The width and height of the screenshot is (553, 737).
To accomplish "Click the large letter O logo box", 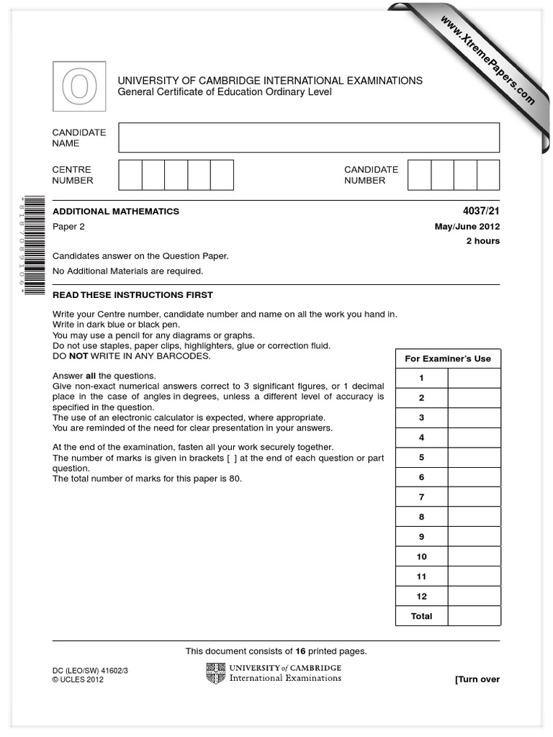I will tap(79, 86).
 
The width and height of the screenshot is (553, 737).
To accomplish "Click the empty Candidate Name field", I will tap(309, 137).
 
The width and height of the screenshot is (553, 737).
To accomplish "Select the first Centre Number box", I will tap(130, 175).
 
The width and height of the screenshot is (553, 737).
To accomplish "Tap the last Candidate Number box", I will tap(488, 175).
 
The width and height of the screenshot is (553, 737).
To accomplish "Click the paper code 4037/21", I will tap(482, 212).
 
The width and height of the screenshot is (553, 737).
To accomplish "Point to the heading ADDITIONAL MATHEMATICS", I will tap(116, 212).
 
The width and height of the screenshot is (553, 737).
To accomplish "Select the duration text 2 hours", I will tap(482, 241).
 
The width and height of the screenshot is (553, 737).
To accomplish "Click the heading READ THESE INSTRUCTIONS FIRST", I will tap(132, 295).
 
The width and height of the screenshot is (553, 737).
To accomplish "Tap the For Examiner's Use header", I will tap(448, 358).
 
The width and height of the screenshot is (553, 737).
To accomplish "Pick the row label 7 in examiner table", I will tap(422, 497).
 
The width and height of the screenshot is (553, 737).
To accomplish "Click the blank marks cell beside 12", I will tap(474, 597).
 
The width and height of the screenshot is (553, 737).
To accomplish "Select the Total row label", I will tap(422, 616).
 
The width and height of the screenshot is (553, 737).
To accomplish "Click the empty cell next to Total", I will tap(474, 616).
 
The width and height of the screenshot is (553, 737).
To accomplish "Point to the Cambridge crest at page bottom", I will tap(215, 673).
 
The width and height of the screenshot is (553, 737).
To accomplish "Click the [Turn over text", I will tap(477, 679).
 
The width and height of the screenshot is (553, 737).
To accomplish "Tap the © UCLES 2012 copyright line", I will tap(78, 679).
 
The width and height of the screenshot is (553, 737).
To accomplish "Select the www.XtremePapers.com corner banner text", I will tap(487, 59).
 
